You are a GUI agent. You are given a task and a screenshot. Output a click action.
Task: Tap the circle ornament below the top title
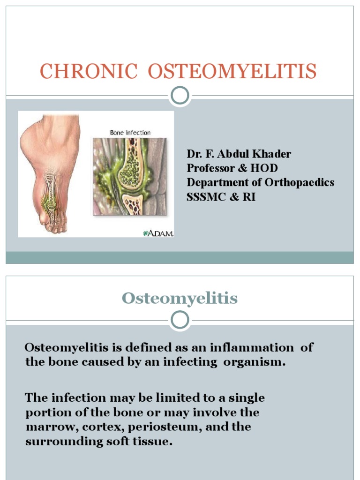[180, 96]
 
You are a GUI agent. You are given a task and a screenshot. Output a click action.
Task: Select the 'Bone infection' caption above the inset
[130, 133]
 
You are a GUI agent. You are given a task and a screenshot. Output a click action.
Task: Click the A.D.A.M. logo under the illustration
[158, 233]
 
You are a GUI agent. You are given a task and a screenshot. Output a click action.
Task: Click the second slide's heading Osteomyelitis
[180, 299]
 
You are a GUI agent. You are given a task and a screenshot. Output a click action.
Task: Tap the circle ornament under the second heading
[180, 321]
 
